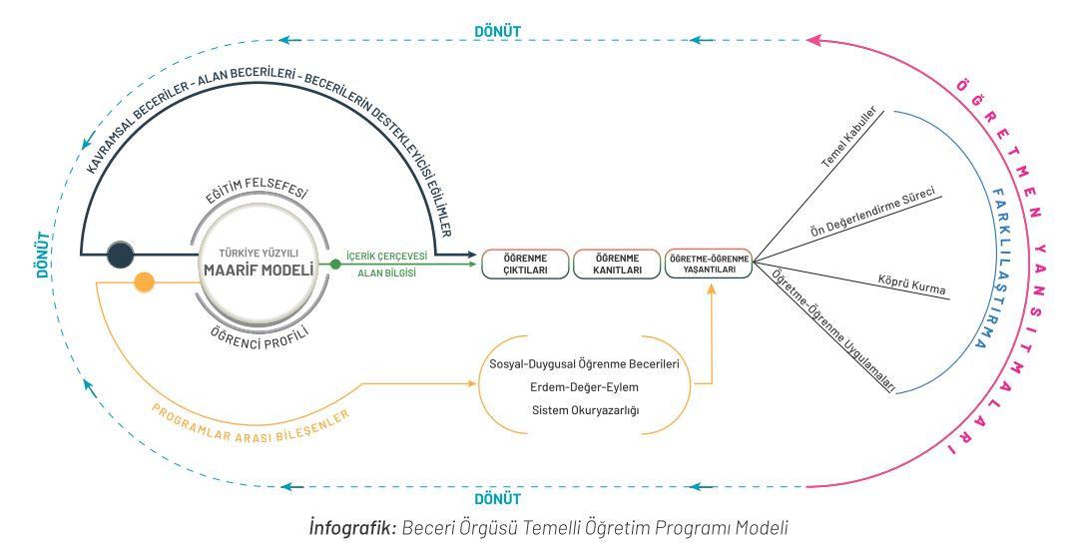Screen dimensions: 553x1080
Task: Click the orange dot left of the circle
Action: click(145, 281)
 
